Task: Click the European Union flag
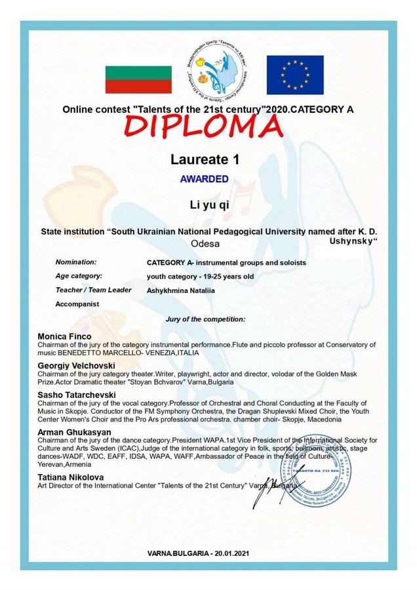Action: (294, 74)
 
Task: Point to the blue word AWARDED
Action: (205, 178)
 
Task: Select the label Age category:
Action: (79, 276)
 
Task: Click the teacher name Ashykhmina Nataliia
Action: (180, 290)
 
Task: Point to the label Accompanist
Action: (77, 304)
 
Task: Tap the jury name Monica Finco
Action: (65, 336)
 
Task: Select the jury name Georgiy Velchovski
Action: (77, 364)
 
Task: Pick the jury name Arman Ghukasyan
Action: (74, 432)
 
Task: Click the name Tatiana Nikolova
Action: (71, 477)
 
